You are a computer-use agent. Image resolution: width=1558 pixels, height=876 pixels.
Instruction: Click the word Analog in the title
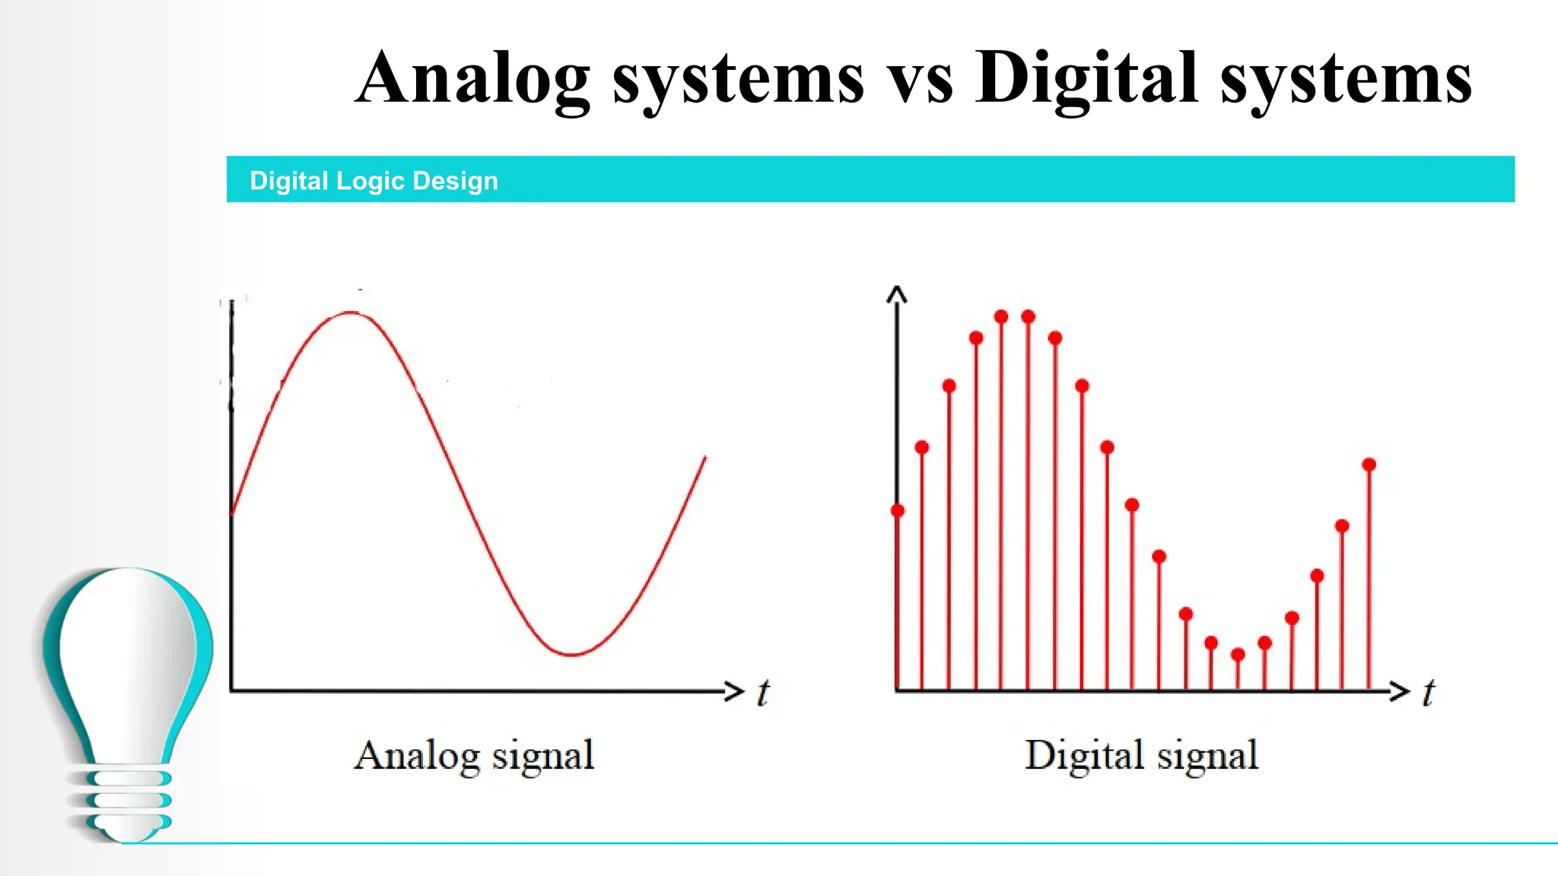tap(472, 78)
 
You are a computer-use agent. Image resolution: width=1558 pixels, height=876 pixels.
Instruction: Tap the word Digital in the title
tap(1088, 78)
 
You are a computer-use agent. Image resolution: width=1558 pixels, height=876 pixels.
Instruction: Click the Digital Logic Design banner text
tap(374, 181)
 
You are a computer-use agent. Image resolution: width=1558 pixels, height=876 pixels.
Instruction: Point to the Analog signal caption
tap(474, 756)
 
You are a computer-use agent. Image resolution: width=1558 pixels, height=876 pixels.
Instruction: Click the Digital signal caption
tap(1141, 756)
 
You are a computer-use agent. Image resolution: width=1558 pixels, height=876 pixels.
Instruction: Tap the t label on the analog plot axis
tap(763, 693)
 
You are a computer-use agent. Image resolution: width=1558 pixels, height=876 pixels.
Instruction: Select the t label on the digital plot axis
tap(1429, 693)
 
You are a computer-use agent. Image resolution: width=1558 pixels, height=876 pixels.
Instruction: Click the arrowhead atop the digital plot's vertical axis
tap(897, 294)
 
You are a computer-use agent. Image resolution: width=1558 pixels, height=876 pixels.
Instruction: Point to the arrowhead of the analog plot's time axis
tap(734, 690)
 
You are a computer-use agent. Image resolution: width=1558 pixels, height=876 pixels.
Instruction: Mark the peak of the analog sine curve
tap(350, 313)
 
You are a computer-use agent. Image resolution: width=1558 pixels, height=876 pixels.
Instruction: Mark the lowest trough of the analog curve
tap(571, 654)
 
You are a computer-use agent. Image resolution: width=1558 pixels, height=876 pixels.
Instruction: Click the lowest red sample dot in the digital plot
tap(1238, 655)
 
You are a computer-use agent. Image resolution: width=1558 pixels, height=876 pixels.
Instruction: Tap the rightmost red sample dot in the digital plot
tap(1369, 465)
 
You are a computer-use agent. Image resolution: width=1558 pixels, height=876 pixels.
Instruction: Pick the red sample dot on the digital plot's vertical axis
tap(898, 510)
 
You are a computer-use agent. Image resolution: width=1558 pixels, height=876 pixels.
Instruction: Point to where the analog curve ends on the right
tap(705, 458)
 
